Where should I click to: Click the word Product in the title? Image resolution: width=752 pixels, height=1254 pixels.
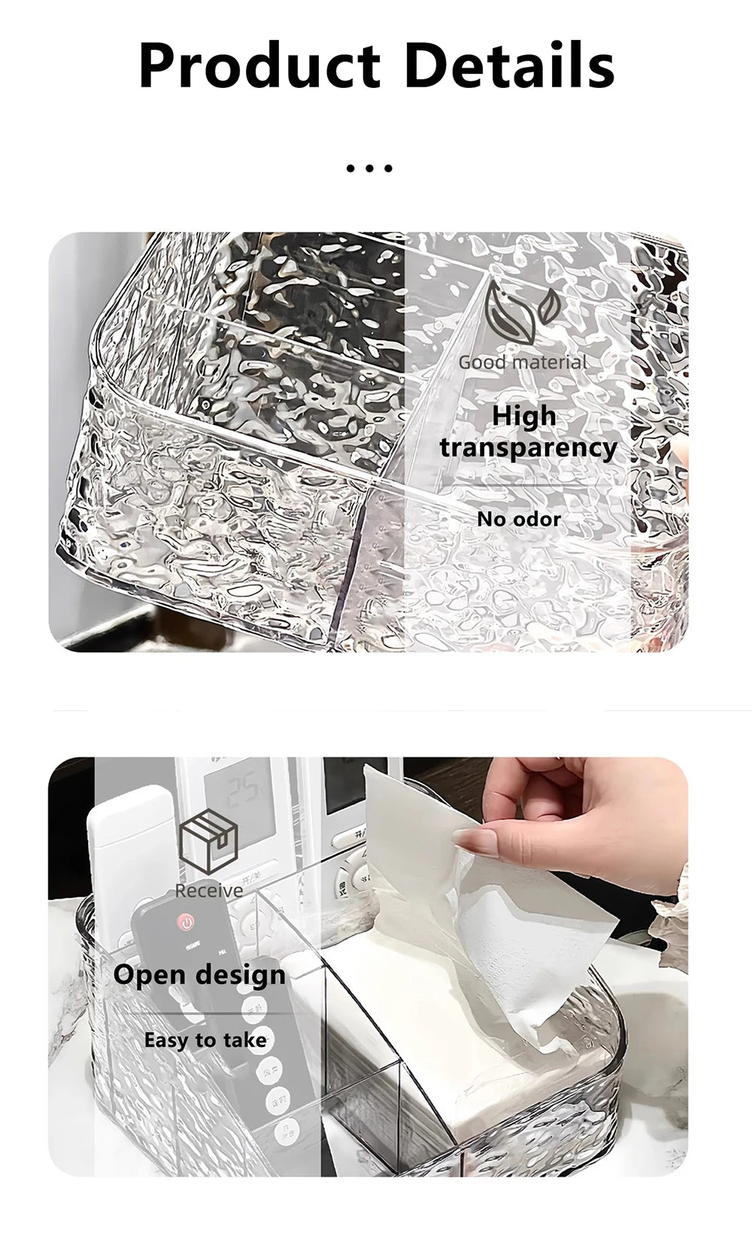pyautogui.click(x=259, y=67)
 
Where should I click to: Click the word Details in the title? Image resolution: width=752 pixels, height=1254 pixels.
pyautogui.click(x=509, y=65)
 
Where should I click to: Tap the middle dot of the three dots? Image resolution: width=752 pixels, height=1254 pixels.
pyautogui.click(x=369, y=169)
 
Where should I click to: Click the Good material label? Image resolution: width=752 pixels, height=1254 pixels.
pyautogui.click(x=523, y=363)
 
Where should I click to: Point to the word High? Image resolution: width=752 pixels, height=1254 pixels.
pyautogui.click(x=524, y=416)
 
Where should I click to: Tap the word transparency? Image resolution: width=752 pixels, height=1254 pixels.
pyautogui.click(x=528, y=448)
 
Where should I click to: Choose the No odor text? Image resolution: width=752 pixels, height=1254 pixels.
pyautogui.click(x=519, y=519)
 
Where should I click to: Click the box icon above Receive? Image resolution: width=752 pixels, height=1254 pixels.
pyautogui.click(x=208, y=843)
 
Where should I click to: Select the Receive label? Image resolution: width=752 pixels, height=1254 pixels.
pyautogui.click(x=208, y=891)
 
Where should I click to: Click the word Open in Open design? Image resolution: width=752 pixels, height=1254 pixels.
pyautogui.click(x=150, y=976)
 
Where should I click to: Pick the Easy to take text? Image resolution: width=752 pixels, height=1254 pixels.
pyautogui.click(x=205, y=1040)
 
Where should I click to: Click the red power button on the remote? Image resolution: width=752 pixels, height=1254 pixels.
pyautogui.click(x=184, y=922)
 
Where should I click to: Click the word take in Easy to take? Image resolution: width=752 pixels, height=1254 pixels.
pyautogui.click(x=244, y=1040)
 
